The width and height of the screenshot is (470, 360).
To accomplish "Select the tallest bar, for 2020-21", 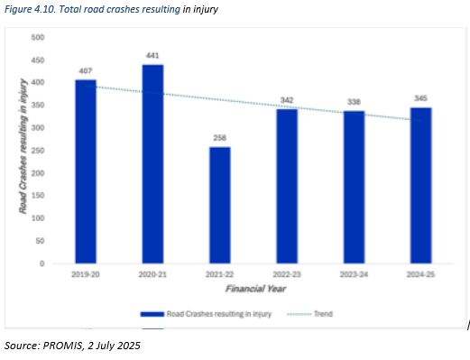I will click(x=152, y=164).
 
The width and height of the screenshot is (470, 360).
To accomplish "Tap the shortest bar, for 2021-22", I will click(x=220, y=205).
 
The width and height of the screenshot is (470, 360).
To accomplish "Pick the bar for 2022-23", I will click(x=287, y=186).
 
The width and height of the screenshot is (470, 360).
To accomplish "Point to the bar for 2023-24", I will click(x=354, y=187).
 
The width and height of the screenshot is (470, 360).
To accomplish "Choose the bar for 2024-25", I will click(x=420, y=185).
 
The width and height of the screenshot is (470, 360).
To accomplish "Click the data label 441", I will click(x=152, y=56).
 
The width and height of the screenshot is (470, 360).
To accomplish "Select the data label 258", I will click(x=220, y=139).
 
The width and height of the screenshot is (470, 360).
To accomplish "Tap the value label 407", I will click(x=86, y=71).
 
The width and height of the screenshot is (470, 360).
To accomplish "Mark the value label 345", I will click(x=420, y=99).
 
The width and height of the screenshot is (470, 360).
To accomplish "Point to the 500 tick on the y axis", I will click(x=38, y=37).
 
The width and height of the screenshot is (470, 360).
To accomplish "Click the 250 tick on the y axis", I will click(x=38, y=151).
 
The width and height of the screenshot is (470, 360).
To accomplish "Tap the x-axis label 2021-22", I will click(x=220, y=274).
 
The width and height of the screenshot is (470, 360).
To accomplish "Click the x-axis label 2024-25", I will click(x=420, y=274).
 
